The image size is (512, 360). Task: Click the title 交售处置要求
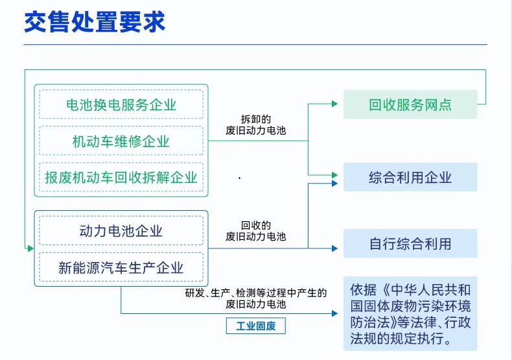click(95, 21)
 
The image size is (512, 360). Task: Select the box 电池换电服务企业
click(121, 104)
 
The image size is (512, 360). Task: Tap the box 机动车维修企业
click(121, 141)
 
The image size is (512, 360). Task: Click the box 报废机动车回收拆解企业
click(121, 177)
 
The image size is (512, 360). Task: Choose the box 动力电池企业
click(121, 231)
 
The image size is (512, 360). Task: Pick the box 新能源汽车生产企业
click(121, 267)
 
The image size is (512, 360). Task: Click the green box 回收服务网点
click(410, 104)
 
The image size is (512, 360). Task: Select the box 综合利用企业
click(410, 177)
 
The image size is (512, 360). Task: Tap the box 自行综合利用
click(410, 244)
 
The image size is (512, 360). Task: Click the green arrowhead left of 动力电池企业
click(30, 248)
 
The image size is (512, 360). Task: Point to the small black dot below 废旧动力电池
click(239, 178)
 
